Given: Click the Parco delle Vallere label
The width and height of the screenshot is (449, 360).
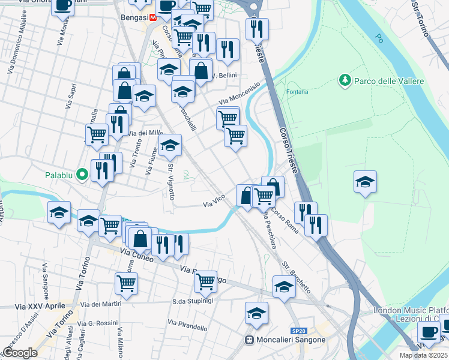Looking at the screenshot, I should tap(389, 81).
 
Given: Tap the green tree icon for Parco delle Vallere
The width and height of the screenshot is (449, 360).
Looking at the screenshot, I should tap(345, 80).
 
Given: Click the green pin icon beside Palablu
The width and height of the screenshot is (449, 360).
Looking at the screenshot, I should tap(83, 175).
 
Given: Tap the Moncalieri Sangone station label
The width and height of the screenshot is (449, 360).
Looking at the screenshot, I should tap(291, 340).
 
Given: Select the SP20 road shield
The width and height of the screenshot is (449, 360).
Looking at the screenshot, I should tap(298, 331).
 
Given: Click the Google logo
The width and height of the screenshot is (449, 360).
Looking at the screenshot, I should tap(20, 353).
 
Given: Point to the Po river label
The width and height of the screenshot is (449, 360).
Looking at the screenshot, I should tap(379, 38).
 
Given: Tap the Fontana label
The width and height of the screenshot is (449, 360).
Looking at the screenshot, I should tap(297, 92).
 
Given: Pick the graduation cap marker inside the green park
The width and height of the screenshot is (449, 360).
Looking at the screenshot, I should tap(365, 182).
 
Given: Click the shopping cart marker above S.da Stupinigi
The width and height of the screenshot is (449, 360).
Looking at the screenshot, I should tap(205, 281).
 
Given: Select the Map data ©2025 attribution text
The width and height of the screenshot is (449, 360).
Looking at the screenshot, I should tap(423, 355).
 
